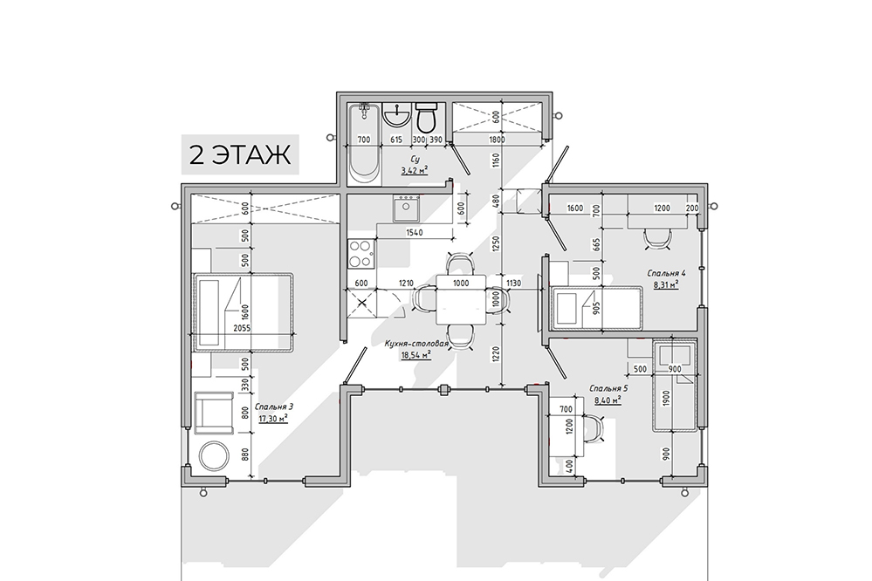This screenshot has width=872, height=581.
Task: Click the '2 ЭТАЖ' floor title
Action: pos(240,154)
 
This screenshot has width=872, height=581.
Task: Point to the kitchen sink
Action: pos(406,208)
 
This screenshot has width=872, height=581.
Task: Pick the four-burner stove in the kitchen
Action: pos(360,253)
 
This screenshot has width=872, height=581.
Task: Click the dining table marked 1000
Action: pos(461,300)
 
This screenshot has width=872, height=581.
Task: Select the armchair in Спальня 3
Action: pos(214,412)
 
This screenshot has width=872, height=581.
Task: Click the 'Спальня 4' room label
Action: pos(666,273)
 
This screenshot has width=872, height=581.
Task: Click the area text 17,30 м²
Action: pos(272,418)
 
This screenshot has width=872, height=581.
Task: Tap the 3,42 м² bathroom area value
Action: pos(415,170)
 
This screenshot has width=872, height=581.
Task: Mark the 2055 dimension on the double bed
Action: pos(242,328)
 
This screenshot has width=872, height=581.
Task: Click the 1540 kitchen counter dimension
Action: pos(415,232)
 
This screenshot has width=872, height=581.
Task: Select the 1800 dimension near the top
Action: pos(497,140)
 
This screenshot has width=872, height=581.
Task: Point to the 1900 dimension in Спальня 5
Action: pos(667,399)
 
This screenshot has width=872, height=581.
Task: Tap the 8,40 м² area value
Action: pos(608,400)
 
